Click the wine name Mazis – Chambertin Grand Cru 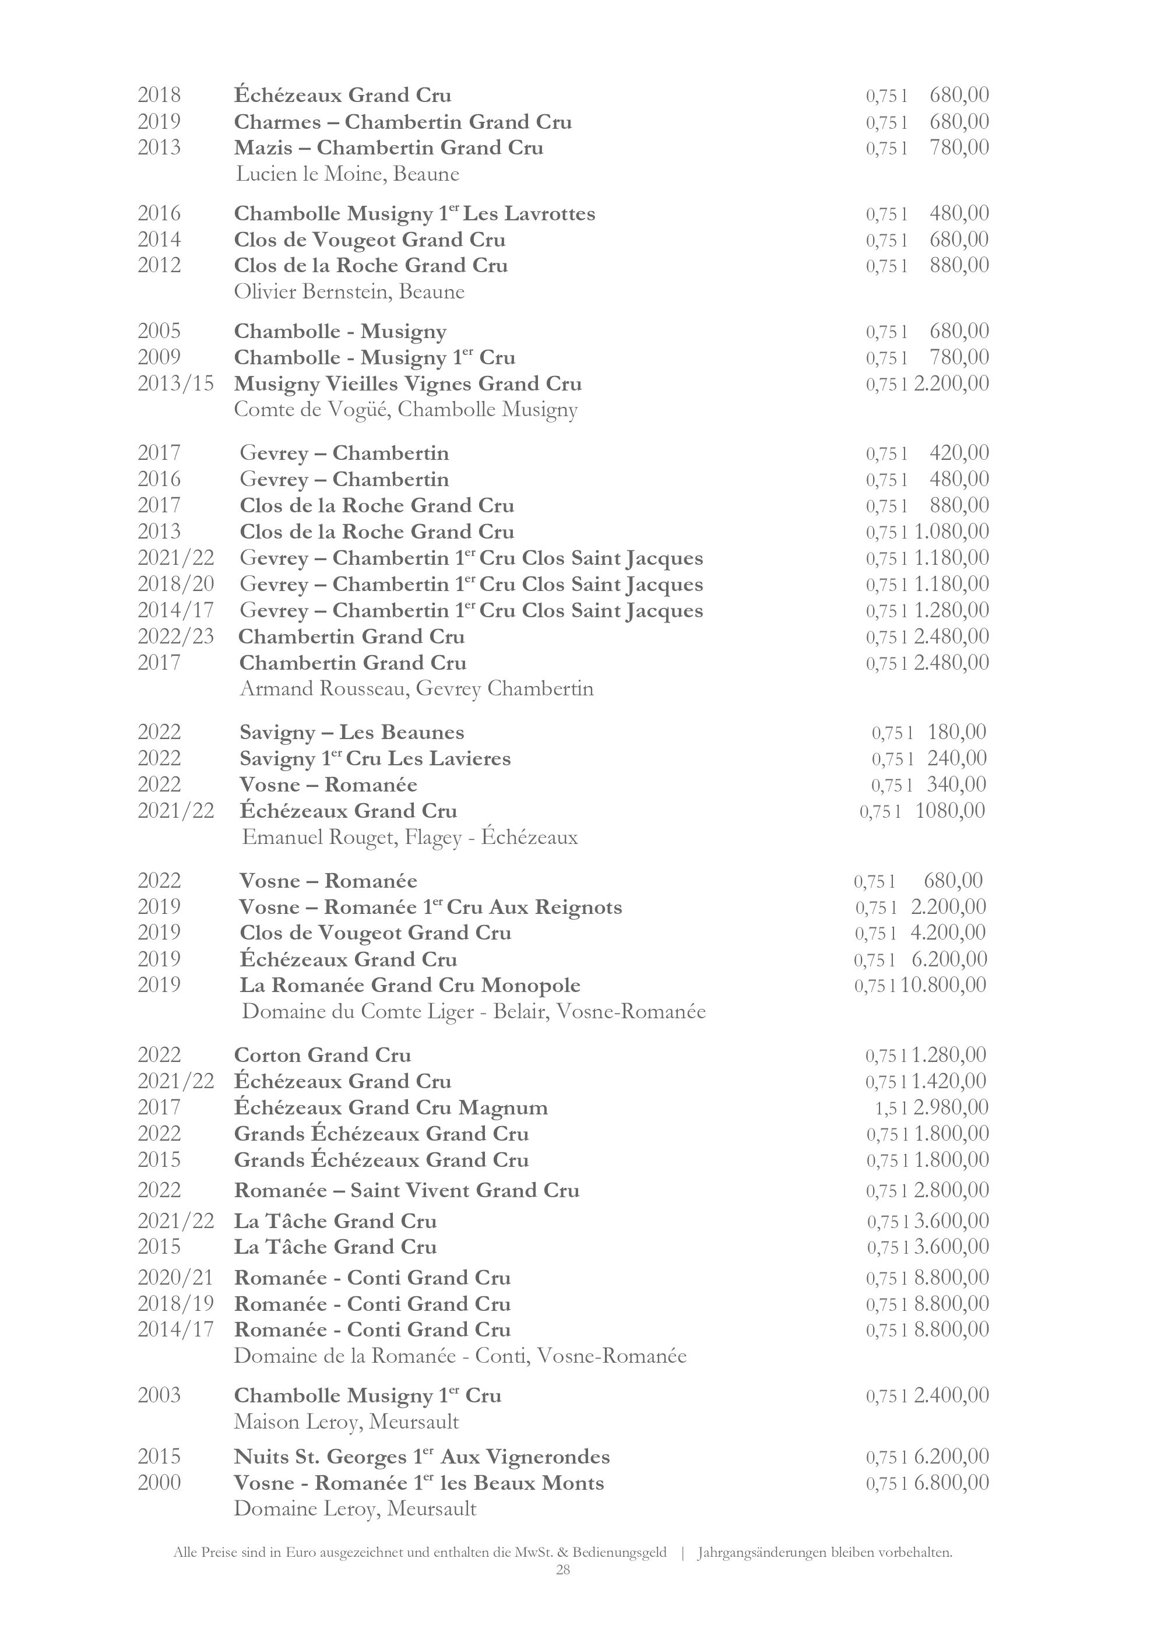click(389, 148)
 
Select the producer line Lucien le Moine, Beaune click(347, 174)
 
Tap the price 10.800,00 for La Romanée click(944, 985)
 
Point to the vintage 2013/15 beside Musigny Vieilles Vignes click(175, 384)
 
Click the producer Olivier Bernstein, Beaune click(349, 292)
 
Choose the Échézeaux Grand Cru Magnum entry click(391, 1107)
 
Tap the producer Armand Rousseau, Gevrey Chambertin click(416, 689)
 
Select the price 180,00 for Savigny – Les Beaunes click(956, 732)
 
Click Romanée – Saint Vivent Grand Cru click(406, 1191)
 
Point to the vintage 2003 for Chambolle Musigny click(159, 1395)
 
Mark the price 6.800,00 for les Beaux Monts click(951, 1483)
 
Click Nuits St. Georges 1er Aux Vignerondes click(421, 1457)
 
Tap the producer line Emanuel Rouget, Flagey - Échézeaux click(410, 838)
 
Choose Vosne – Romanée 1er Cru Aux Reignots click(431, 907)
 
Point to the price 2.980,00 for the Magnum click(951, 1107)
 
